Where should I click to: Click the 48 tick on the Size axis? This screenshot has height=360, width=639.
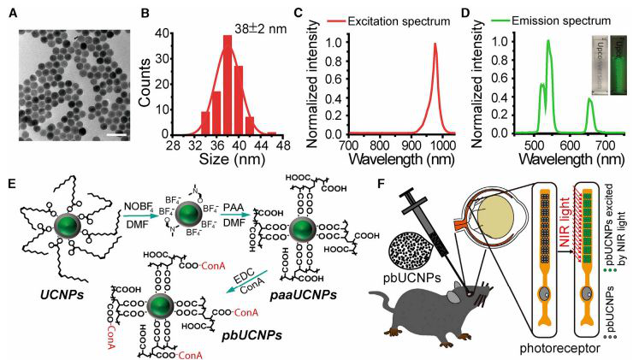[x=281, y=145]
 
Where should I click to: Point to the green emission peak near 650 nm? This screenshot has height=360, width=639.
[x=565, y=99]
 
